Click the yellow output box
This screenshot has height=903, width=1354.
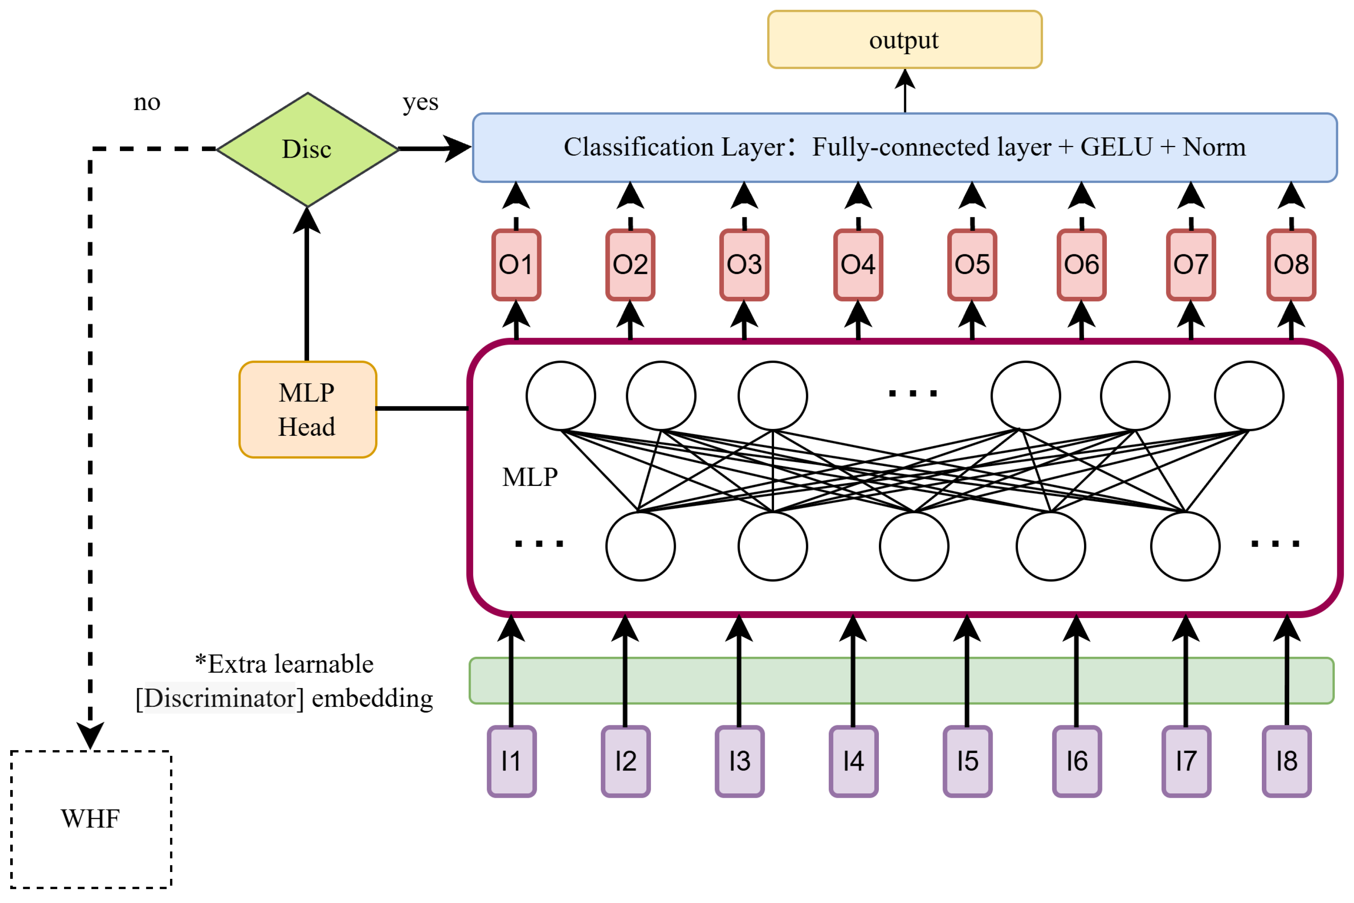pyautogui.click(x=905, y=40)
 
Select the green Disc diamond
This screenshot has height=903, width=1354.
pyautogui.click(x=308, y=149)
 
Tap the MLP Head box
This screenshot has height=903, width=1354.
pyautogui.click(x=308, y=409)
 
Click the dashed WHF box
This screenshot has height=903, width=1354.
pyautogui.click(x=91, y=819)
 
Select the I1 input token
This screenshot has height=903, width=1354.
pyautogui.click(x=512, y=761)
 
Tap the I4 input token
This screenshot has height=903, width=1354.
pyautogui.click(x=853, y=761)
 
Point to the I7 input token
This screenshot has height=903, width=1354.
pyautogui.click(x=1186, y=761)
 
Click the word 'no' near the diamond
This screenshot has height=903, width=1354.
pyautogui.click(x=147, y=102)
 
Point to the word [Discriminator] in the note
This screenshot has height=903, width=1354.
pyautogui.click(x=219, y=698)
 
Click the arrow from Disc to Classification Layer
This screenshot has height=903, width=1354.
pyautogui.click(x=435, y=148)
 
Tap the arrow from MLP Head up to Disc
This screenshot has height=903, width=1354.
pyautogui.click(x=307, y=285)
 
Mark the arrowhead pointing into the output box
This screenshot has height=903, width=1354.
pyautogui.click(x=905, y=79)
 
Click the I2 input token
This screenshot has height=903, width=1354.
pyautogui.click(x=626, y=761)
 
